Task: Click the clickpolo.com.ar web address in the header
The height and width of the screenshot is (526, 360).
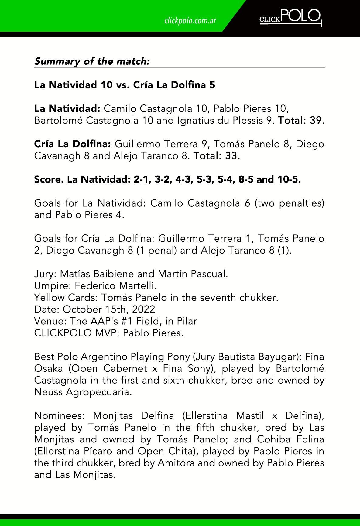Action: click(190, 21)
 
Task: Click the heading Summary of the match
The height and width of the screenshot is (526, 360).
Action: click(92, 61)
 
